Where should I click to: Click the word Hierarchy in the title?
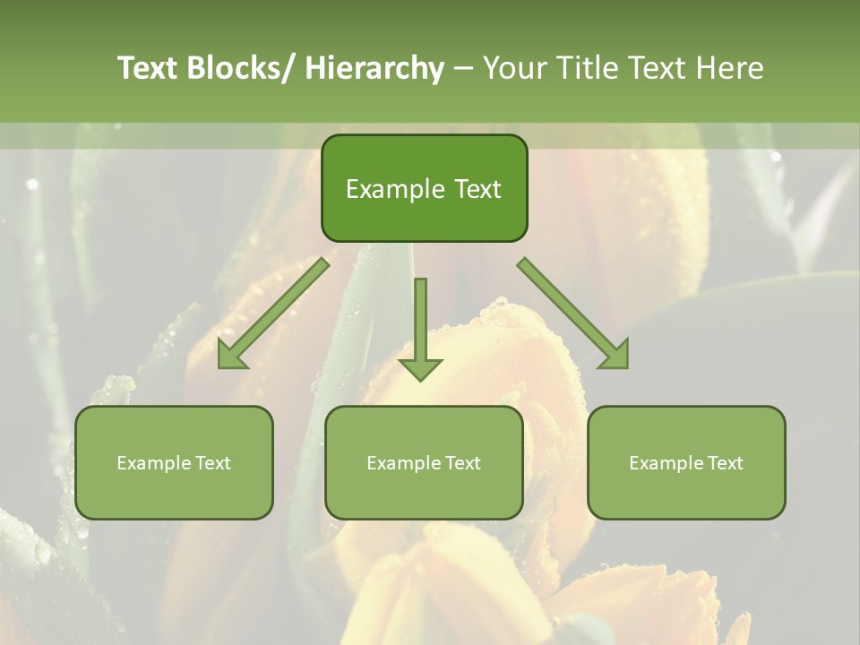[x=374, y=68]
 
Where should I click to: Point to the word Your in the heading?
[x=513, y=68]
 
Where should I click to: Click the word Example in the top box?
[x=395, y=189]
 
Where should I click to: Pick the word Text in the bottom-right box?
[x=725, y=463]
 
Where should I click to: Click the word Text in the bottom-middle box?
[x=462, y=463]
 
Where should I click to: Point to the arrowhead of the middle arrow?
[x=420, y=369]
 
